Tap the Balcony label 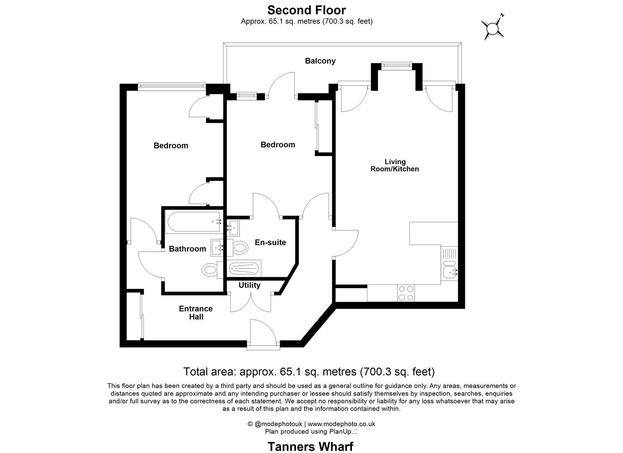click(x=320, y=61)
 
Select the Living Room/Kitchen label click(x=395, y=165)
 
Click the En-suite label click(x=270, y=242)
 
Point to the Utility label click(x=249, y=285)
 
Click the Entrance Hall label click(x=196, y=312)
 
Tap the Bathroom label click(x=187, y=249)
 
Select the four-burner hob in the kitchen click(x=406, y=293)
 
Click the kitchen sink click(x=450, y=271)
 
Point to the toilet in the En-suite click(x=240, y=247)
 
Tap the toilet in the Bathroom click(x=209, y=269)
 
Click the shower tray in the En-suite click(x=245, y=268)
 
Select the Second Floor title click(x=306, y=10)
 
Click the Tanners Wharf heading click(x=310, y=446)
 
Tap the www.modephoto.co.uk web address click(x=341, y=424)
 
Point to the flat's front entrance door click(x=263, y=334)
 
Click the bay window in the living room click(x=396, y=65)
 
